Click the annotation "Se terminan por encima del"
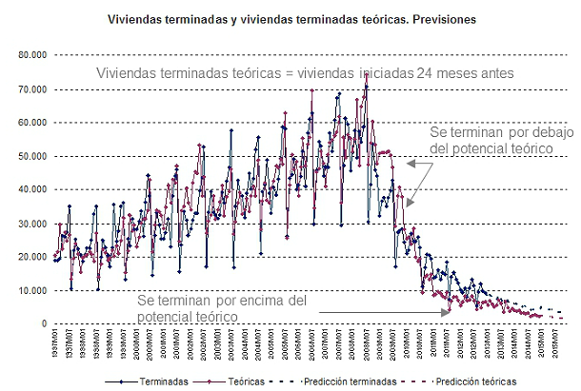(223, 300)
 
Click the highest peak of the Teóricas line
(367, 74)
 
